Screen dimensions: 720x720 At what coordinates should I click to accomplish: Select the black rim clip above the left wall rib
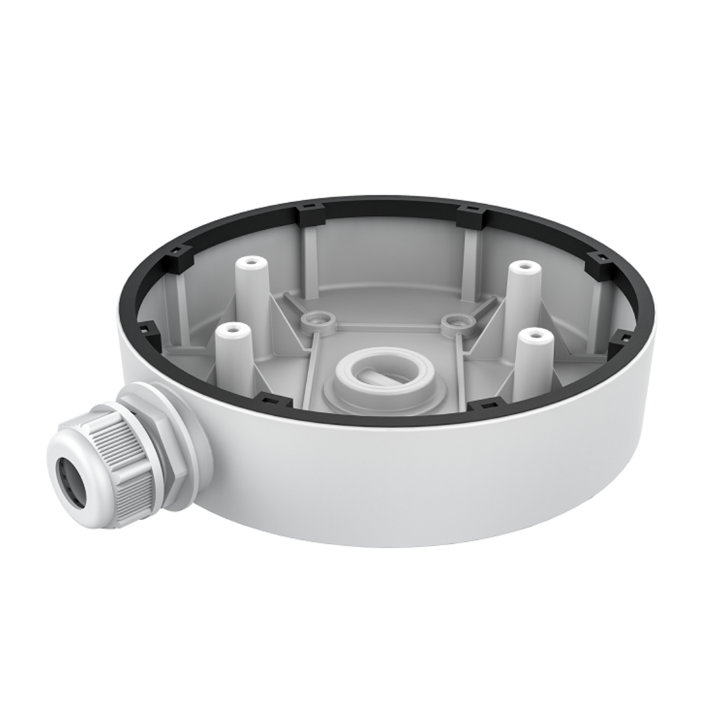pos(310,213)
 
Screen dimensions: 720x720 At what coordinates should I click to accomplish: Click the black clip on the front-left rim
pos(273,401)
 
